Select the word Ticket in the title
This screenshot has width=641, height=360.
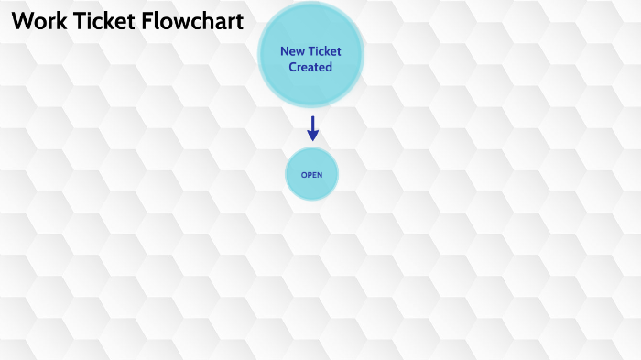pyautogui.click(x=96, y=22)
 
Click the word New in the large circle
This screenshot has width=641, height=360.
pyautogui.click(x=292, y=51)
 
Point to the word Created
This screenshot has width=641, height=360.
pyautogui.click(x=310, y=67)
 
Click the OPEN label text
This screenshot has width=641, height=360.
pyautogui.click(x=311, y=175)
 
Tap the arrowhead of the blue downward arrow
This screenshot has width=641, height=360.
pyautogui.click(x=312, y=136)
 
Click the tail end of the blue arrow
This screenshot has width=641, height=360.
pyautogui.click(x=312, y=118)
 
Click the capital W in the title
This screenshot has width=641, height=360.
pyautogui.click(x=19, y=22)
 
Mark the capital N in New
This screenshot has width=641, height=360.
pyautogui.click(x=284, y=51)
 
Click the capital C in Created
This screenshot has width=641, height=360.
pyautogui.click(x=293, y=67)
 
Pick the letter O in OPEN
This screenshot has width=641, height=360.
pyautogui.click(x=304, y=175)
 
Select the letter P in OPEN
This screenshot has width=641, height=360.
pyautogui.click(x=310, y=175)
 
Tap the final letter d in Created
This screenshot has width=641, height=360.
pyautogui.click(x=329, y=67)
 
